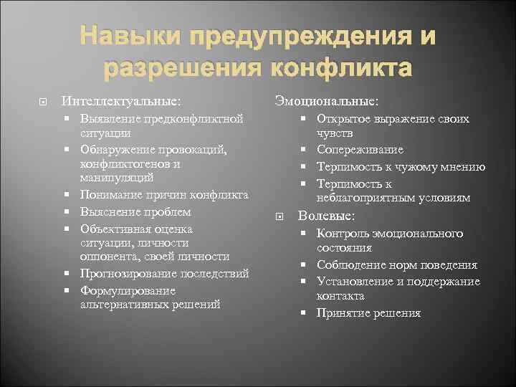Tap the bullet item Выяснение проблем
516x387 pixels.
(135, 212)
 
